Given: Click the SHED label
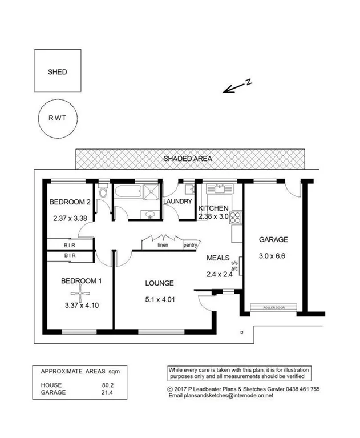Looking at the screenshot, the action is [57, 72].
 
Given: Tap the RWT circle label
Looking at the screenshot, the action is [57, 120].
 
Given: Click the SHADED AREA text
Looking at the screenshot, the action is [188, 159].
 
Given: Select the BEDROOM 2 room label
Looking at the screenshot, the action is [70, 202].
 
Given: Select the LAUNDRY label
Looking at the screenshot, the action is [177, 202].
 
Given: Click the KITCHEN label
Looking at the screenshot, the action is [213, 208].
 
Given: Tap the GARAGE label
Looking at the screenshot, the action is [273, 239].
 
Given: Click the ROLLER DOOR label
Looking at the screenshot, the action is [273, 307].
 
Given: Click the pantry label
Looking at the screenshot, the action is [190, 246].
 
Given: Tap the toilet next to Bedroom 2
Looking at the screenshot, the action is [103, 193].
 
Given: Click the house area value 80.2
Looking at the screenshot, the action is [100, 385].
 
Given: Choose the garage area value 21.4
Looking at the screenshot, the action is [100, 392].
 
